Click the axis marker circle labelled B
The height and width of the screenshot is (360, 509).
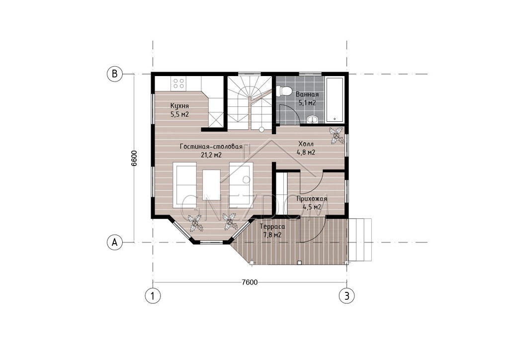(x=115, y=74)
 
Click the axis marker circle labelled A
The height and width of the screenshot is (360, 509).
(x=115, y=242)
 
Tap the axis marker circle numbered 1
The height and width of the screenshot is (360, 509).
(x=153, y=296)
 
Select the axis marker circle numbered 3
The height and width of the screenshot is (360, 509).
(x=346, y=296)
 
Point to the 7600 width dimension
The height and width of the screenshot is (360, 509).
(x=250, y=282)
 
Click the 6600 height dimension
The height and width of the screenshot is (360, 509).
(x=134, y=158)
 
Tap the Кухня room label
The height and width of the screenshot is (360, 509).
(x=179, y=106)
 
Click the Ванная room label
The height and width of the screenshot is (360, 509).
(x=307, y=94)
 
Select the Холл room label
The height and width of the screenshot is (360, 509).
(x=306, y=144)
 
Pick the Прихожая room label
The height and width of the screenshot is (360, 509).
(x=312, y=199)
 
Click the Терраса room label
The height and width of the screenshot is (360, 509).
(x=272, y=227)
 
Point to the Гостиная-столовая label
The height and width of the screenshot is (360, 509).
(x=211, y=147)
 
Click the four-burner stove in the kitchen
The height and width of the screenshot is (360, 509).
(x=178, y=83)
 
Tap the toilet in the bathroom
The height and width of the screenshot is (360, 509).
(x=284, y=90)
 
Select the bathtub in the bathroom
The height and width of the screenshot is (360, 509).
(x=335, y=99)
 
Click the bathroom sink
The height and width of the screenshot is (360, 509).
(x=313, y=119)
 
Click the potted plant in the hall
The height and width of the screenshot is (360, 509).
(x=337, y=135)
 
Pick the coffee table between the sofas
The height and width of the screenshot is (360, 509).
(x=212, y=185)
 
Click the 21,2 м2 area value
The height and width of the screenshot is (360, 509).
(x=211, y=155)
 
